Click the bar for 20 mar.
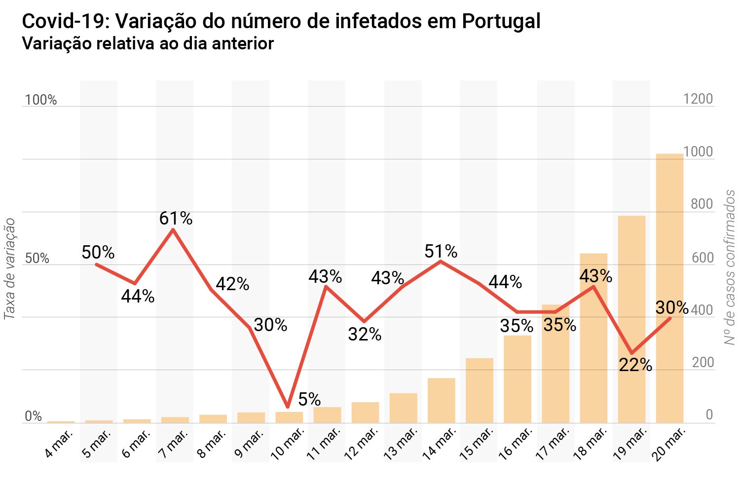click(669, 288)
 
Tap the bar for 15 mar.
click(479, 390)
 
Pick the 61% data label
click(176, 218)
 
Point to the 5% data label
click(309, 399)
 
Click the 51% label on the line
click(441, 252)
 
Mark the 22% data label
click(635, 365)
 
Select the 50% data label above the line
click(98, 253)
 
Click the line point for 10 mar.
click(288, 407)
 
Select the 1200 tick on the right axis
click(698, 99)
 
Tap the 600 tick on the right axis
click(702, 258)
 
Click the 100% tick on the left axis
click(40, 100)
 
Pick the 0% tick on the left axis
click(33, 416)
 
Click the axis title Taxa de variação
click(9, 269)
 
